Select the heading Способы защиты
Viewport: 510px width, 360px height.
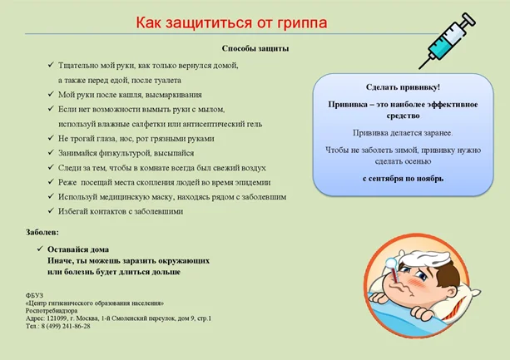point(256,49)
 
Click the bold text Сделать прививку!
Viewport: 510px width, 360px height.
point(403,87)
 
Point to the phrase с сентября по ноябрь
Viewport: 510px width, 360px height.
point(403,178)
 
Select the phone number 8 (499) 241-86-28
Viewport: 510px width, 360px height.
point(67,326)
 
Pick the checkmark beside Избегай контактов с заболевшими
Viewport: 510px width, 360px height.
point(51,211)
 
